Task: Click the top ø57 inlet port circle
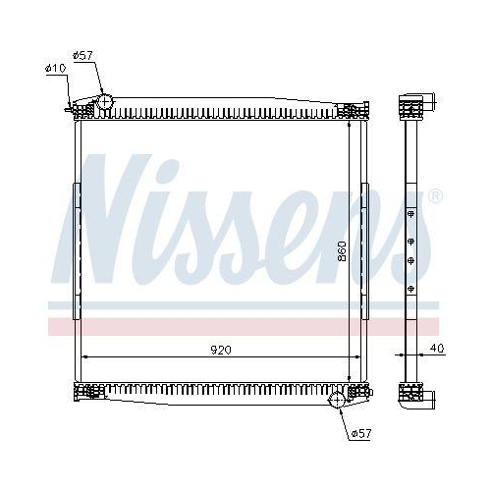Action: click(106, 102)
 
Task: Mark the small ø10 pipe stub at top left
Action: click(70, 108)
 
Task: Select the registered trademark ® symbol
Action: click(435, 197)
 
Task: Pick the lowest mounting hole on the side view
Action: click(410, 288)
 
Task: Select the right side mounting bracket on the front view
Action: click(364, 250)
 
